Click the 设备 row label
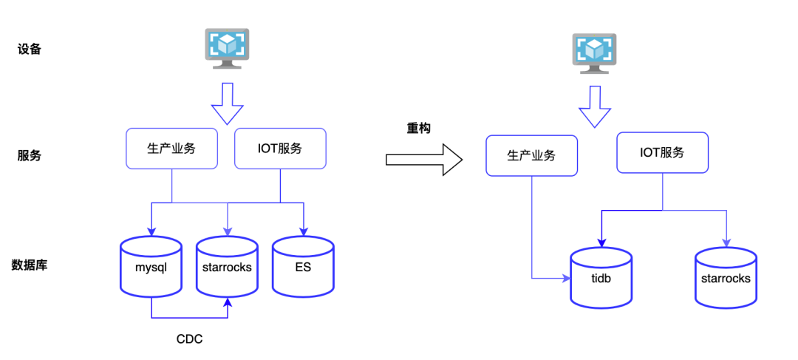pyautogui.click(x=29, y=50)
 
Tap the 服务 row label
pyautogui.click(x=29, y=156)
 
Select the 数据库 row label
pyautogui.click(x=30, y=265)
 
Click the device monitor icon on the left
pyautogui.click(x=226, y=47)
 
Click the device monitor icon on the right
pyautogui.click(x=594, y=52)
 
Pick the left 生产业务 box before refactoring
pyautogui.click(x=171, y=148)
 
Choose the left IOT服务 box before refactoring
pyautogui.click(x=279, y=148)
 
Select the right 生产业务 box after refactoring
pyautogui.click(x=531, y=155)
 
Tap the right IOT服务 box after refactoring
pyautogui.click(x=662, y=152)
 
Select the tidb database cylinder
pyautogui.click(x=601, y=277)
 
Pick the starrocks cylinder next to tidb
pyautogui.click(x=726, y=278)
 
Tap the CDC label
pyautogui.click(x=189, y=339)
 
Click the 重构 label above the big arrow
pyautogui.click(x=418, y=128)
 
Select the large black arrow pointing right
pyautogui.click(x=423, y=160)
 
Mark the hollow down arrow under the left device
pyautogui.click(x=227, y=103)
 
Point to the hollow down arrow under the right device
pyautogui.click(x=594, y=106)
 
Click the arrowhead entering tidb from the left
pyautogui.click(x=566, y=278)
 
